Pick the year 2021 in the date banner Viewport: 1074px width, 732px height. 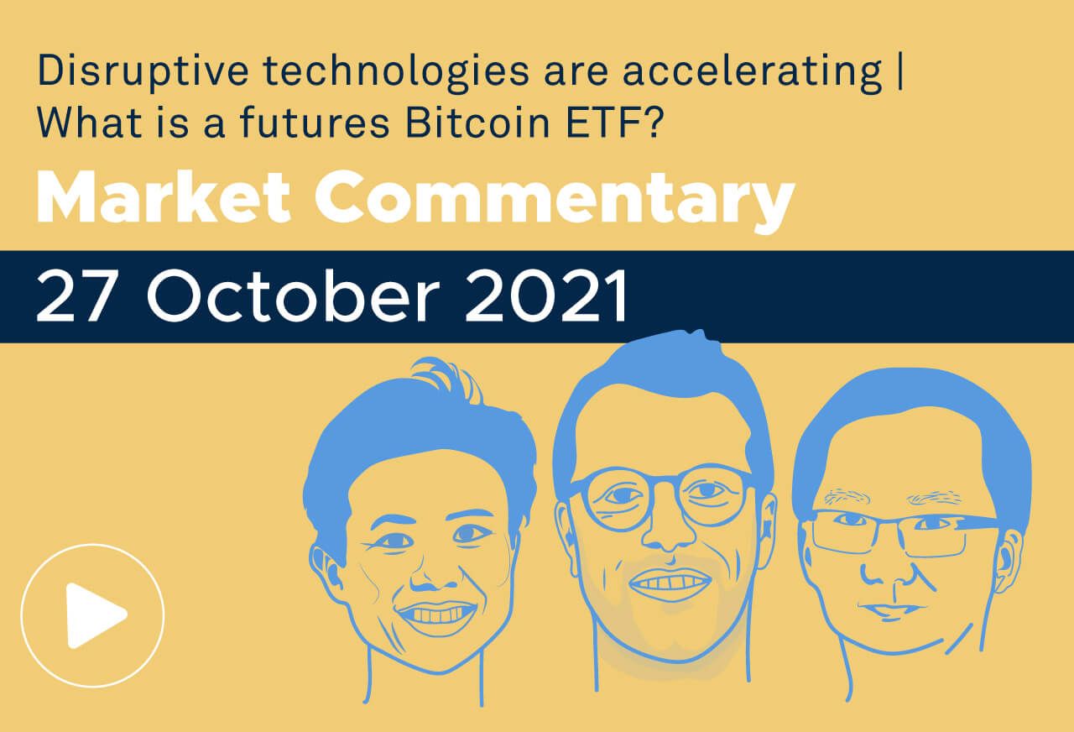click(x=546, y=296)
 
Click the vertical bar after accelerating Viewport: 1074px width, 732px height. click(x=899, y=73)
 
